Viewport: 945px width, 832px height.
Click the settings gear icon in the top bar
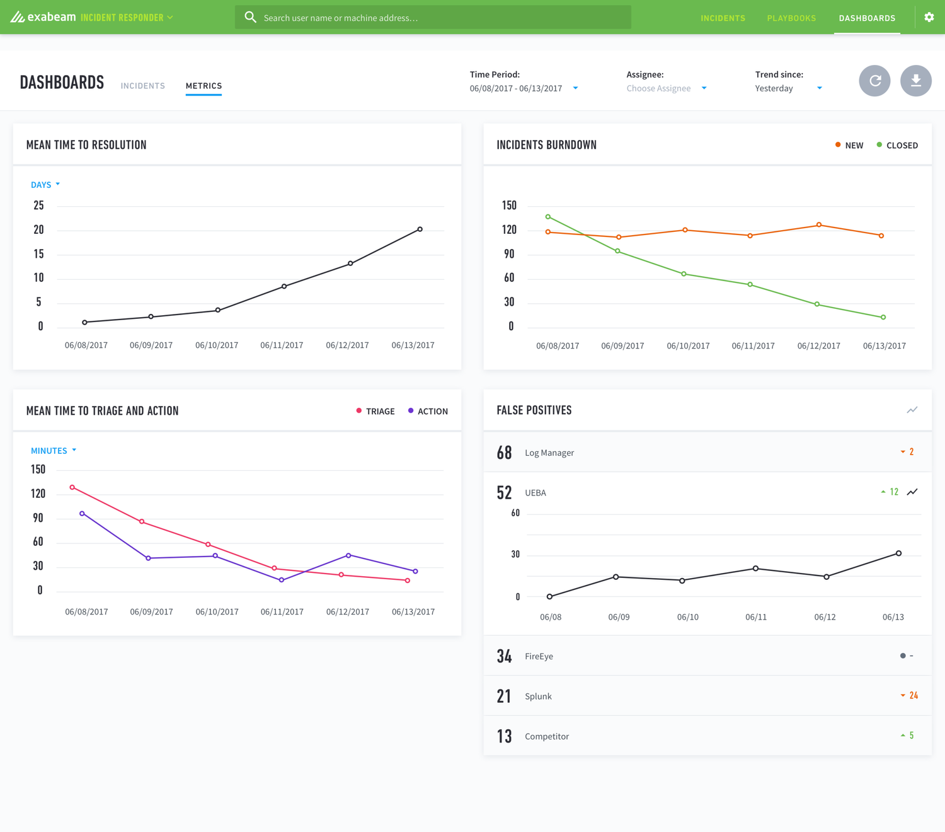pyautogui.click(x=929, y=17)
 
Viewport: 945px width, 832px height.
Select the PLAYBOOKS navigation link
pyautogui.click(x=791, y=18)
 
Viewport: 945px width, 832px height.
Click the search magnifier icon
pyautogui.click(x=251, y=17)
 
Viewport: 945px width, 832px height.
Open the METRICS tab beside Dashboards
pyautogui.click(x=203, y=86)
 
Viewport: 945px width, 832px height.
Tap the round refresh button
pyautogui.click(x=874, y=81)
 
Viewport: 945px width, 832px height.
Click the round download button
pyautogui.click(x=915, y=81)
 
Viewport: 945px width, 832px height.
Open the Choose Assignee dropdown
pyautogui.click(x=666, y=88)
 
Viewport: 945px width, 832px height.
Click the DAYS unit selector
pyautogui.click(x=45, y=185)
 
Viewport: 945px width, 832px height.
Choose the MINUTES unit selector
pyautogui.click(x=53, y=451)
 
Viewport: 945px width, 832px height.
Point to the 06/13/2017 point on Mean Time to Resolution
pyautogui.click(x=420, y=229)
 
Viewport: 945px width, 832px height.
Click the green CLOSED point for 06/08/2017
pyautogui.click(x=548, y=217)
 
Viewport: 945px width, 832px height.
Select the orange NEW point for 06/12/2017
pyautogui.click(x=818, y=225)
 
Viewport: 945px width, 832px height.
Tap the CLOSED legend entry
pyautogui.click(x=897, y=145)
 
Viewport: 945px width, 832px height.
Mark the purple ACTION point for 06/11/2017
pyautogui.click(x=281, y=580)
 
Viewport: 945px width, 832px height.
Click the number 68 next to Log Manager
pyautogui.click(x=504, y=453)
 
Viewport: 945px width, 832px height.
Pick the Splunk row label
pyautogui.click(x=538, y=696)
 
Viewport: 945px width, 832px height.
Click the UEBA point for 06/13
pyautogui.click(x=898, y=553)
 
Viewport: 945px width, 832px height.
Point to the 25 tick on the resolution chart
pyautogui.click(x=38, y=205)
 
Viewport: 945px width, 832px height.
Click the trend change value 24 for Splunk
pyautogui.click(x=913, y=695)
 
